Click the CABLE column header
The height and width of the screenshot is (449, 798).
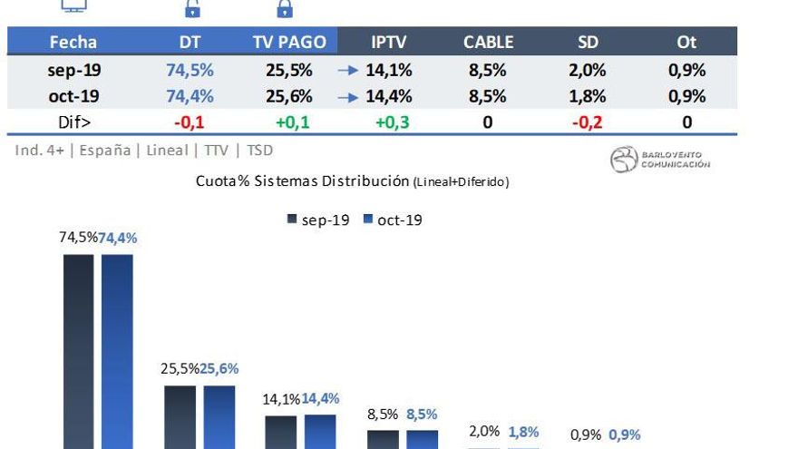[x=488, y=42]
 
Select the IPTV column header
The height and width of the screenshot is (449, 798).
[x=388, y=42]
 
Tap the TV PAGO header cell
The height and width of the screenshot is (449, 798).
[x=287, y=42]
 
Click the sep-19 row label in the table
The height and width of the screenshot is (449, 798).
[x=73, y=70]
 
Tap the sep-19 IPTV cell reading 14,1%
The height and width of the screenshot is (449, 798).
[x=390, y=70]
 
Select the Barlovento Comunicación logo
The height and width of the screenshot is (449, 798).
[x=661, y=160]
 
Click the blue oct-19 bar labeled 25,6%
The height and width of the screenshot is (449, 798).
[x=219, y=416]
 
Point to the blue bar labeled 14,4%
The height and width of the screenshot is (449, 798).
[x=319, y=431]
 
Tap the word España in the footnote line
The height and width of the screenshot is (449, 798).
[x=104, y=151]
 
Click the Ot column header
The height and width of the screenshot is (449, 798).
[x=686, y=42]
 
